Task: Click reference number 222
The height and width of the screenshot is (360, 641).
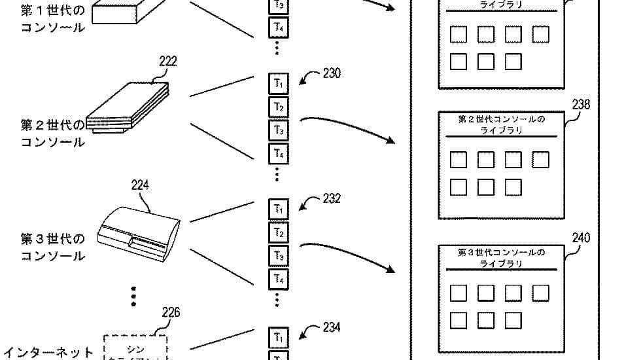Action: click(167, 62)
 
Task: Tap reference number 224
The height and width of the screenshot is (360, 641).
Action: click(140, 185)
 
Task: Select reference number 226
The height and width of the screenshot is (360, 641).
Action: click(170, 312)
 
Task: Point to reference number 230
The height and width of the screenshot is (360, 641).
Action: click(332, 74)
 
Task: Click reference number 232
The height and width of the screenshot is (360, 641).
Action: click(332, 198)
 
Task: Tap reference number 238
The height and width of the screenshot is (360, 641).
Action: click(581, 104)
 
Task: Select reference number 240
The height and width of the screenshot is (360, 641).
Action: click(581, 238)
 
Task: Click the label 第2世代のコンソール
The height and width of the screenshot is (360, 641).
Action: click(53, 133)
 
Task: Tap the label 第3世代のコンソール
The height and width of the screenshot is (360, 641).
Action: click(53, 247)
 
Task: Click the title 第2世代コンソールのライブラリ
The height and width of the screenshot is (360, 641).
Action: click(501, 125)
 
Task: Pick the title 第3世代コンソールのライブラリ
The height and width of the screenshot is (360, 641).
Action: click(501, 257)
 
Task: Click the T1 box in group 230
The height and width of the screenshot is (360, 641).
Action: click(278, 84)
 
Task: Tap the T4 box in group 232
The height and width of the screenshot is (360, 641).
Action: click(278, 279)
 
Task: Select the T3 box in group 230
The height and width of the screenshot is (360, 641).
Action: click(278, 130)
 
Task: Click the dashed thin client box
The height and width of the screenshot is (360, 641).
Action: click(135, 348)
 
